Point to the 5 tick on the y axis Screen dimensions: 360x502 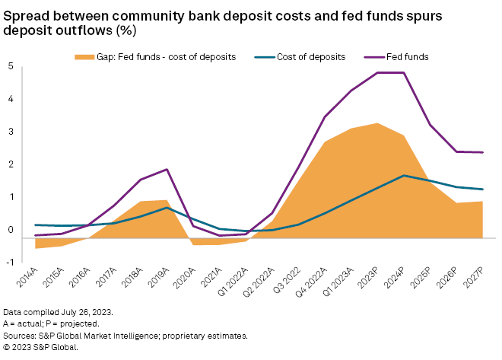(x=11, y=66)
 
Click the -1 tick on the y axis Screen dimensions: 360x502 (x=9, y=262)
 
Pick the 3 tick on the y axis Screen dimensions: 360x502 (x=11, y=132)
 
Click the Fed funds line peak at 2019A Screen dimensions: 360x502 (x=167, y=170)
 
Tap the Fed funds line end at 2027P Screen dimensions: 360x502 (x=483, y=152)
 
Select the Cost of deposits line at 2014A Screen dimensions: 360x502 (x=35, y=225)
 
